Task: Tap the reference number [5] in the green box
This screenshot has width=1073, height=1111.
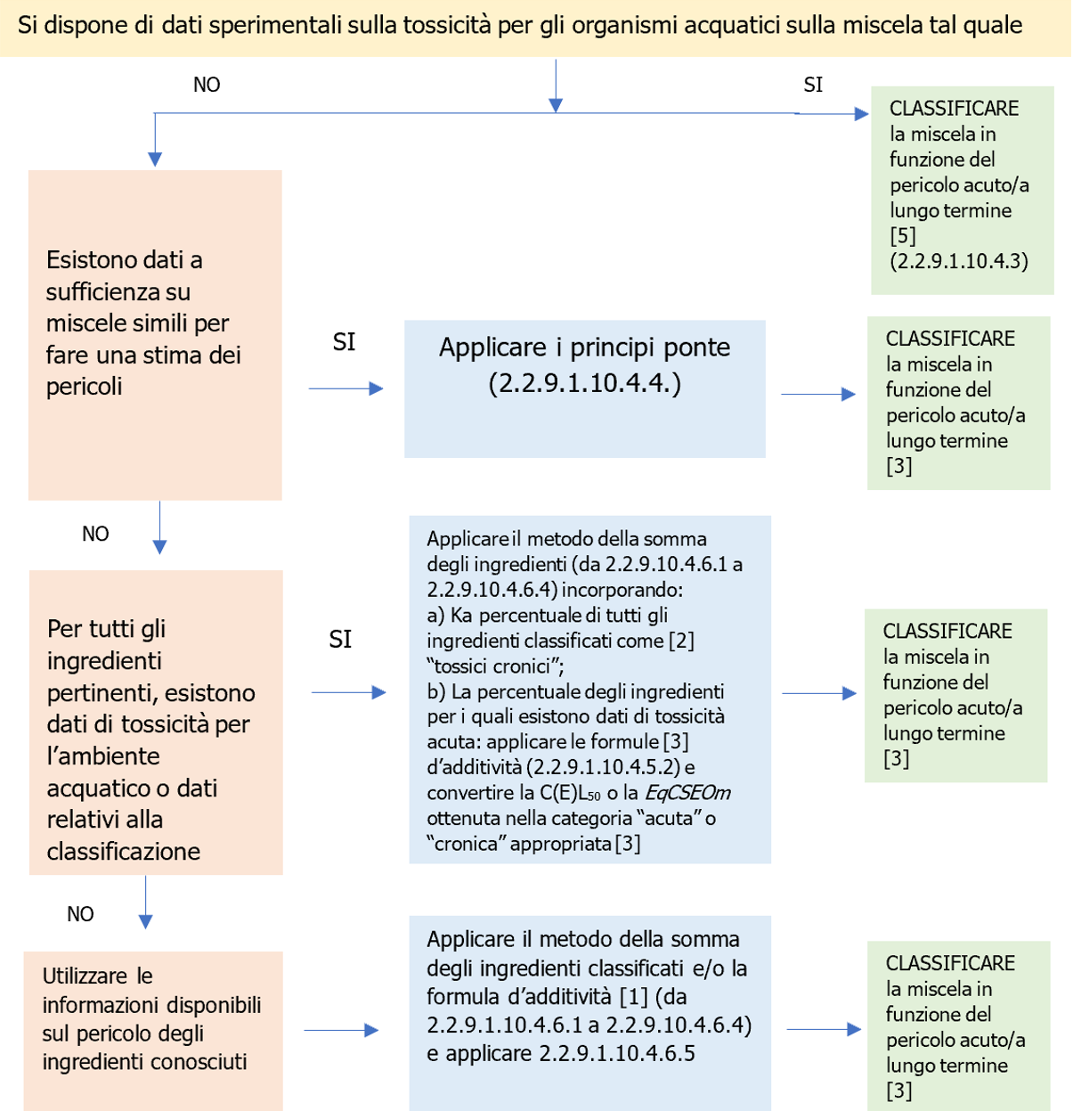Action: tap(902, 236)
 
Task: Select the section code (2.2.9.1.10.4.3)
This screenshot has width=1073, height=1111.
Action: tap(958, 261)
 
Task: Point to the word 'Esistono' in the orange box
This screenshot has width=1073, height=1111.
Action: tap(88, 260)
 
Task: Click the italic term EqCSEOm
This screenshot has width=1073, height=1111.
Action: tap(687, 793)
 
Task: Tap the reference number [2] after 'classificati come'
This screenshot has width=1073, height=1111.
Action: tap(681, 641)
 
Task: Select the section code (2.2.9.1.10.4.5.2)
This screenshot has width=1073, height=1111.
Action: tap(603, 767)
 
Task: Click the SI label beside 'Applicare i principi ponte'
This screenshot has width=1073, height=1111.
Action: tap(344, 342)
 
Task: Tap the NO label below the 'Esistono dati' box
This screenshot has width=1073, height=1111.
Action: tap(95, 534)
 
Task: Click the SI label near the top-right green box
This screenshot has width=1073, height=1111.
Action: tap(813, 85)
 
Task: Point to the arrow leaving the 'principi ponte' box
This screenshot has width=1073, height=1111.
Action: tap(817, 394)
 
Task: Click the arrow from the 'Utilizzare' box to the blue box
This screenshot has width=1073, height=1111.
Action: tap(341, 1031)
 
